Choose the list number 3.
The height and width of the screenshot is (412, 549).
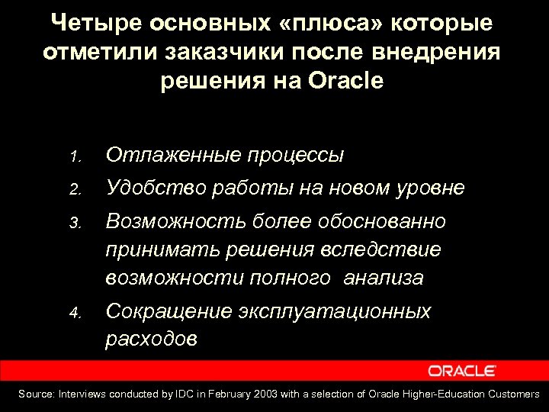74,224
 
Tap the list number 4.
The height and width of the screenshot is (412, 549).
74,314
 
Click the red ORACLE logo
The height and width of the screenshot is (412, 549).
462,371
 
